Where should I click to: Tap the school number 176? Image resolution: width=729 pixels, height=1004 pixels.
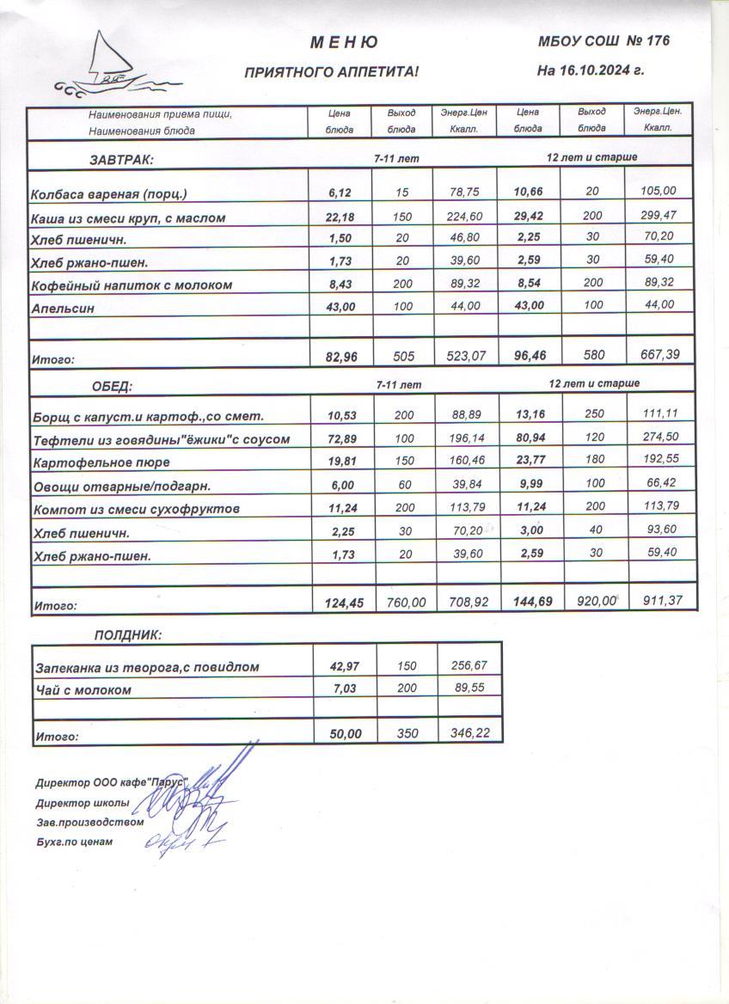pyautogui.click(x=656, y=40)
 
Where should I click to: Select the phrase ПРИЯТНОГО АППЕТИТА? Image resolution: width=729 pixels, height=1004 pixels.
pyautogui.click(x=332, y=73)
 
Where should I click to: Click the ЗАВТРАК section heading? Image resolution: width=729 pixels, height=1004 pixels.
pyautogui.click(x=121, y=160)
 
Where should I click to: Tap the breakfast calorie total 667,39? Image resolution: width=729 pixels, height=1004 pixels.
pyautogui.click(x=659, y=355)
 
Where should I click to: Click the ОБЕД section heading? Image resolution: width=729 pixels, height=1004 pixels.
pyautogui.click(x=113, y=386)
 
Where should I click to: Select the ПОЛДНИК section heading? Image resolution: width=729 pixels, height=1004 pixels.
pyautogui.click(x=127, y=635)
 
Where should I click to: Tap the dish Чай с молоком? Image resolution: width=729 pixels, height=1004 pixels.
pyautogui.click(x=83, y=690)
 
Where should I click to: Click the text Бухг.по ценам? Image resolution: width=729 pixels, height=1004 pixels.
pyautogui.click(x=75, y=842)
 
